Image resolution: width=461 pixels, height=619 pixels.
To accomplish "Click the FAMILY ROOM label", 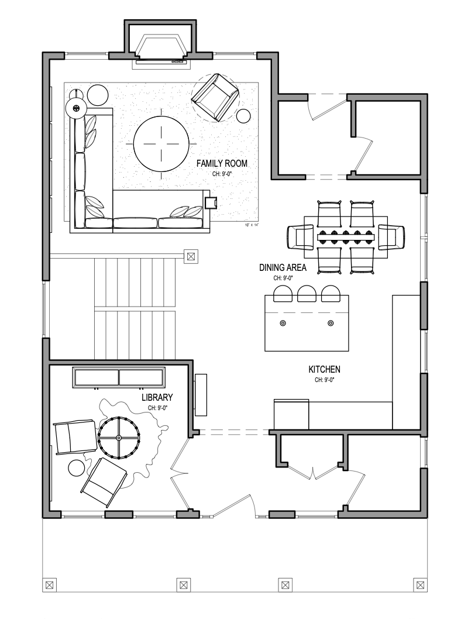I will coord(222,164).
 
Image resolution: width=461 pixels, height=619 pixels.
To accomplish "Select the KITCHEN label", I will coord(324,370).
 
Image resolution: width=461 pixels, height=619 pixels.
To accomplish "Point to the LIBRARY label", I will coord(157,398).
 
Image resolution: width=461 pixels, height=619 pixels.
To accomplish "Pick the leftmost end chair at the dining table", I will coord(300,237).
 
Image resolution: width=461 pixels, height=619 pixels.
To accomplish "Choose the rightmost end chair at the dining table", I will coord(391,237).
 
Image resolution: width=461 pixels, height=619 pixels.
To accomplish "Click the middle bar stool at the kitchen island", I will coord(307,294).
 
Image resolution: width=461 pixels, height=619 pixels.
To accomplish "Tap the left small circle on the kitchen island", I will coord(283,323).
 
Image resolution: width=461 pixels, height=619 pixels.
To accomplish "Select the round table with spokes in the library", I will coord(119,437).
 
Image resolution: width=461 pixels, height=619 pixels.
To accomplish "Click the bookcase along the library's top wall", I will coord(119,377).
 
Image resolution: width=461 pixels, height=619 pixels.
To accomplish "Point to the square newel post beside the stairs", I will coord(191,256).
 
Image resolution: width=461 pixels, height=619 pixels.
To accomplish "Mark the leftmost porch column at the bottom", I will coord(50,584).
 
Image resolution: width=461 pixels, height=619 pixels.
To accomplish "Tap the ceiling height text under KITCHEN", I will coord(324,380).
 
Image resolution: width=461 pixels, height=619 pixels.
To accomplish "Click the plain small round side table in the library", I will coord(77,468).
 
